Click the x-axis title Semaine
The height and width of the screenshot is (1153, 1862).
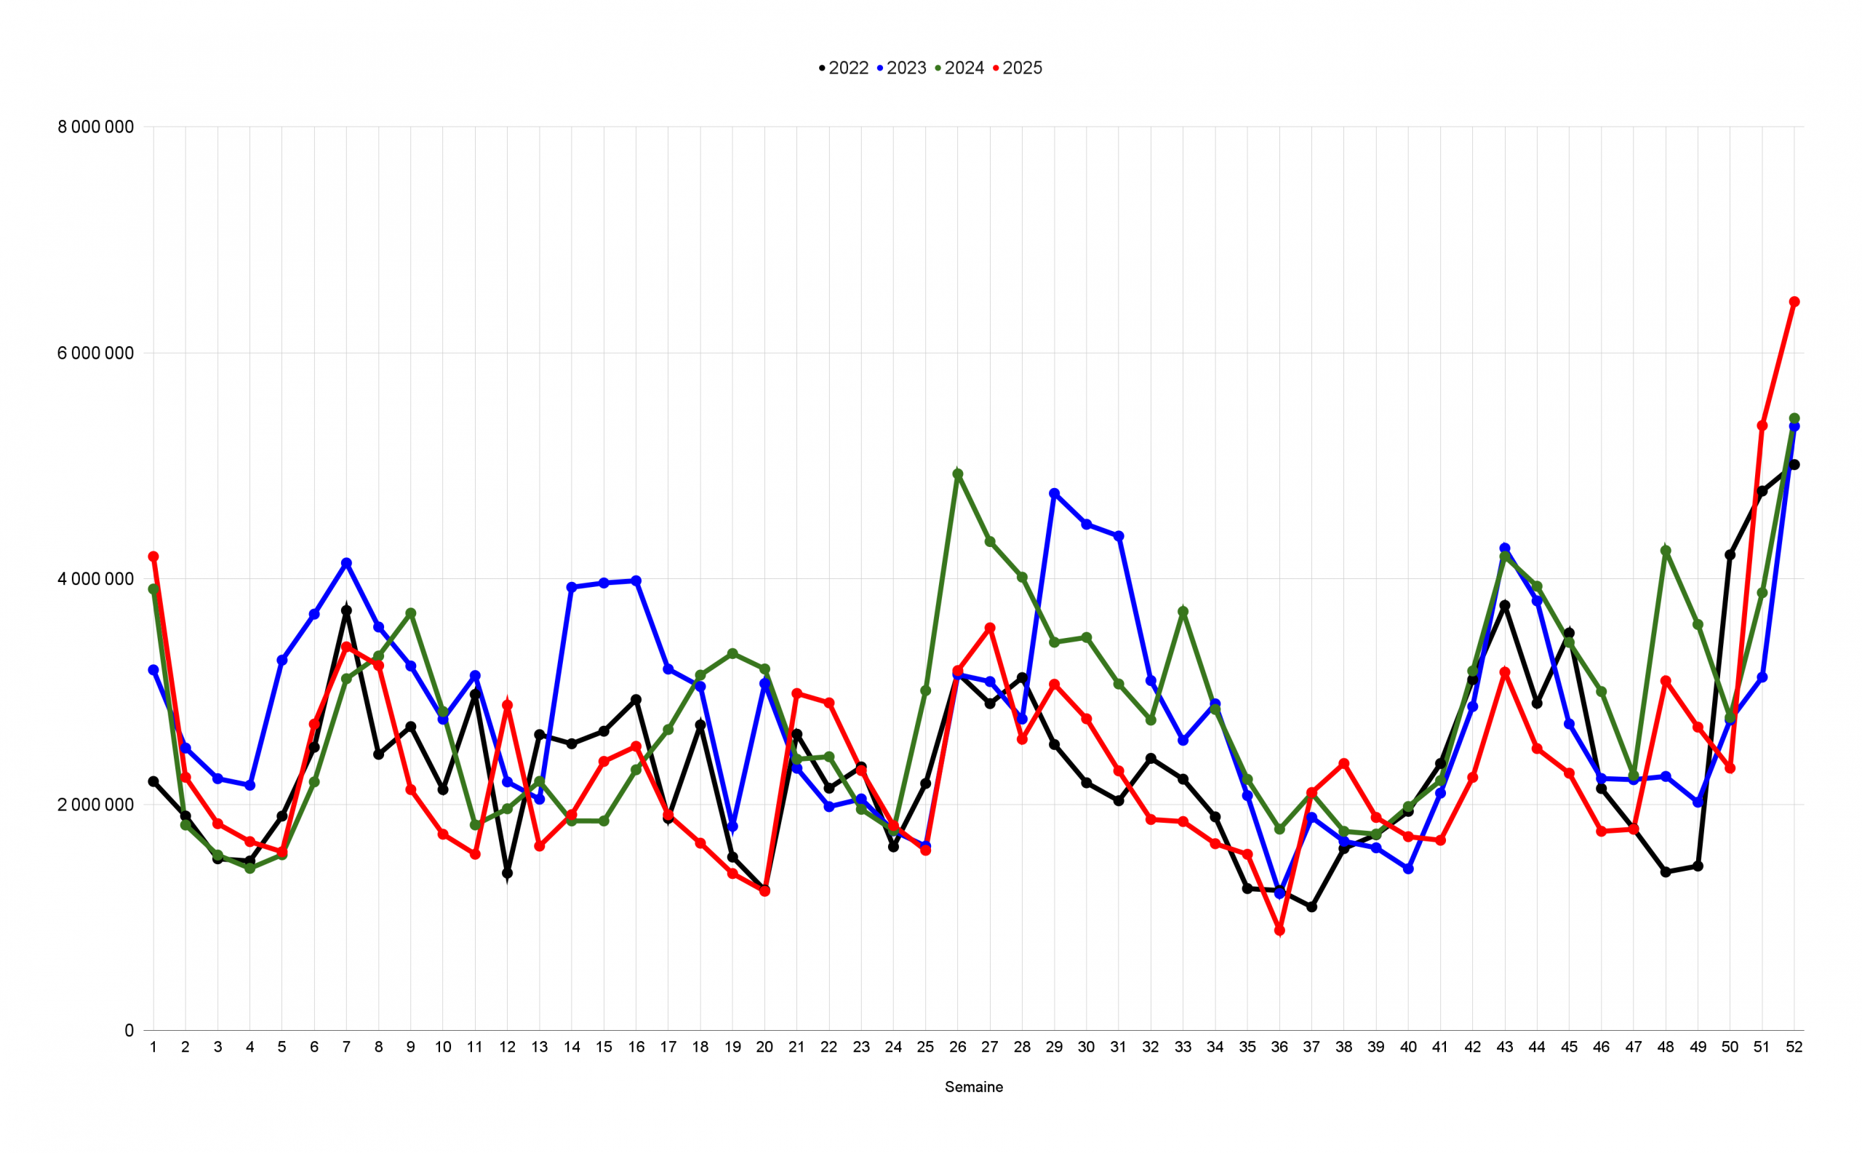point(974,1087)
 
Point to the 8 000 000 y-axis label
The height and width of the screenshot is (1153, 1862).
point(95,127)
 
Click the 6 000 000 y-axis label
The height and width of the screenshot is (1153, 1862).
point(95,353)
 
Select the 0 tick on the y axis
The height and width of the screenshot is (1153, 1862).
point(129,1030)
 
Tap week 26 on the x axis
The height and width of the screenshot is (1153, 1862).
point(958,1047)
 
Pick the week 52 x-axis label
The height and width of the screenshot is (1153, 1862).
point(1794,1047)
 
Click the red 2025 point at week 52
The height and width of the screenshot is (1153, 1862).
point(1794,302)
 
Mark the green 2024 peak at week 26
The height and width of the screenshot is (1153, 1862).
point(958,474)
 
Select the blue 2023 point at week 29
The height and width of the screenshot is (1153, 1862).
point(1055,493)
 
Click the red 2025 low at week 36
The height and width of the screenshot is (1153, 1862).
point(1279,930)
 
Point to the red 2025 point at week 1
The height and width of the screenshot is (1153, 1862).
point(153,556)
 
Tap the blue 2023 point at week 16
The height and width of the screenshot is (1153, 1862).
point(636,581)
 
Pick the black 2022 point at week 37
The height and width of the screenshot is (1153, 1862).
point(1311,906)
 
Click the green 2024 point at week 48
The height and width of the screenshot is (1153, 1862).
point(1666,551)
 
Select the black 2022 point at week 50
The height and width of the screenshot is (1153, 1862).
point(1730,555)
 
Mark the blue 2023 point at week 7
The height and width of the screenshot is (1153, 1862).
point(346,563)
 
